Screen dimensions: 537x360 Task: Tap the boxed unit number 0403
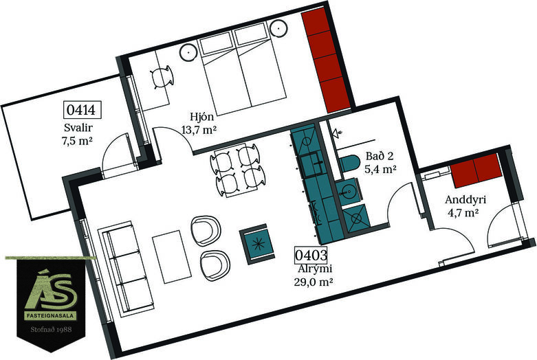tap(311, 255)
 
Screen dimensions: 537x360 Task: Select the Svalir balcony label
tap(78, 128)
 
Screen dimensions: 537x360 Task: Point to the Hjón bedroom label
tap(202, 116)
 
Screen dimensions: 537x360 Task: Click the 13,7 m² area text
tap(199, 130)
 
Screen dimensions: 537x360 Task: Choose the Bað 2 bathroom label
tap(380, 156)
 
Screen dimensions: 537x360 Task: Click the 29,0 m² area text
tap(314, 282)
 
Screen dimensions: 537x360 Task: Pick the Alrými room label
tap(315, 269)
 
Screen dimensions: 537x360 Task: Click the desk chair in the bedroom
tap(162, 78)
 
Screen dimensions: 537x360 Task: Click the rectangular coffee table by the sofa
tap(172, 257)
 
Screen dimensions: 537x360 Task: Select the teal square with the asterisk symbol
tap(258, 245)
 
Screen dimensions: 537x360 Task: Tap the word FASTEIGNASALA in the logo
tap(51, 316)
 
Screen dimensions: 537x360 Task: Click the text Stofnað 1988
tap(51, 330)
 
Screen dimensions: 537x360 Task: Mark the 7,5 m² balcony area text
tap(78, 140)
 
